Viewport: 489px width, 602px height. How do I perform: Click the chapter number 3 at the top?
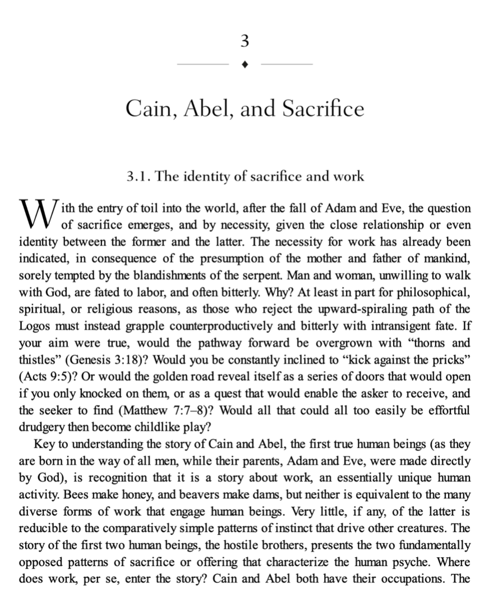pyautogui.click(x=244, y=41)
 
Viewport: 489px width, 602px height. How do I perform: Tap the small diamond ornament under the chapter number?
pyautogui.click(x=245, y=64)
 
